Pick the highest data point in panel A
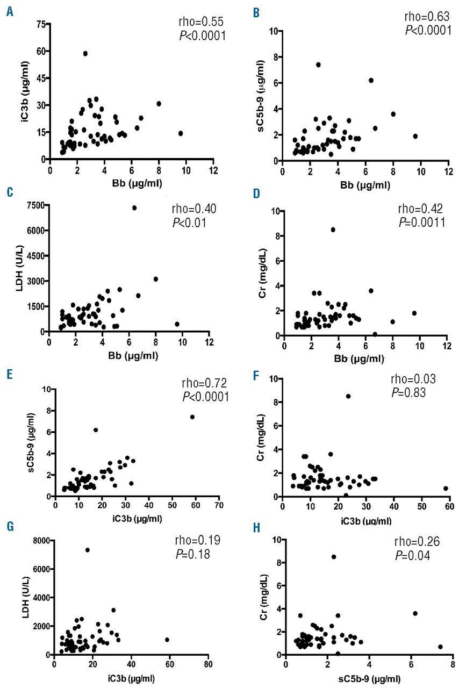point(85,53)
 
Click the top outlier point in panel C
point(134,208)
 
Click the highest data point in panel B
point(318,64)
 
